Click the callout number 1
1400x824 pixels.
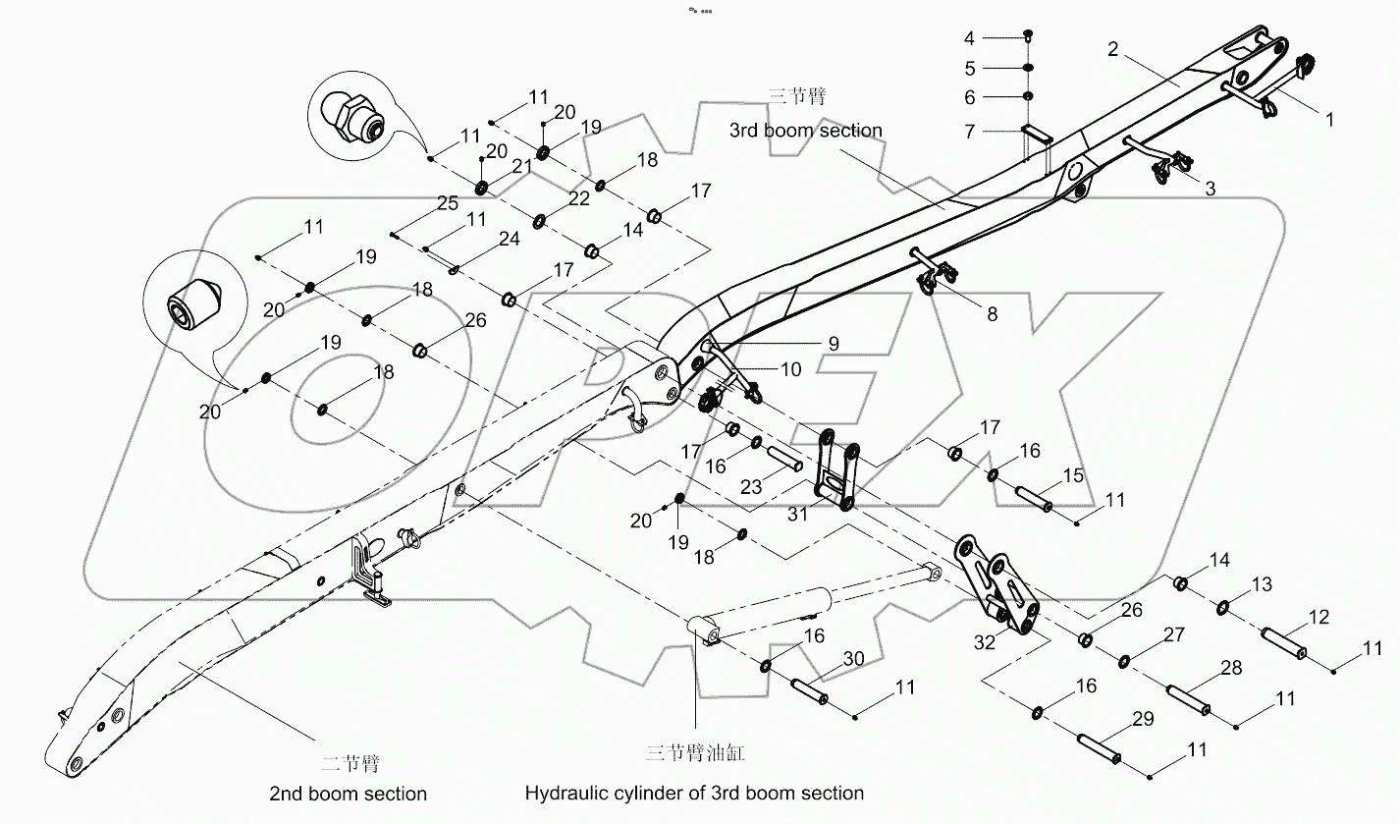(x=1329, y=119)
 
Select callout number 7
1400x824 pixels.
(x=969, y=131)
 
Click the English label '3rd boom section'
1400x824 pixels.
(x=805, y=130)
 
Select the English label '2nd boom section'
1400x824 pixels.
(x=348, y=793)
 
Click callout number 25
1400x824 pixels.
(x=448, y=203)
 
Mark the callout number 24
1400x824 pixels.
(x=509, y=239)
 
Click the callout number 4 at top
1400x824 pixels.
(x=969, y=38)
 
